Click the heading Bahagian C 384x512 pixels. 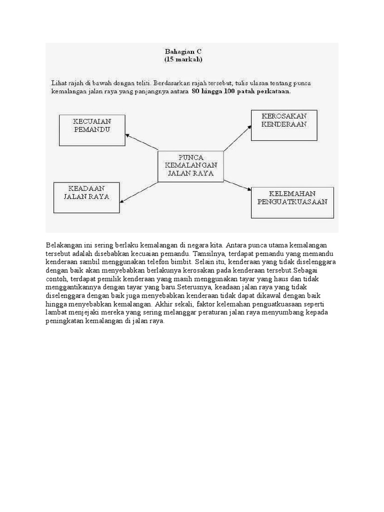pos(183,51)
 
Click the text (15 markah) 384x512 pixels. pos(183,59)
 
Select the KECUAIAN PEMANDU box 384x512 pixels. pos(92,130)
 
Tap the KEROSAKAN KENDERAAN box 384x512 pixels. pos(283,125)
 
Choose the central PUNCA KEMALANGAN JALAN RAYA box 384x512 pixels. pos(190,165)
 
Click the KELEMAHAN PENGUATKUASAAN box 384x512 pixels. pos(292,202)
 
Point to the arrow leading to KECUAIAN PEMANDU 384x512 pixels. pos(141,141)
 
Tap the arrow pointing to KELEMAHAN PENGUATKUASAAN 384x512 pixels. pos(237,183)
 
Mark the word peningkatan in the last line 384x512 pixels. pos(65,321)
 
